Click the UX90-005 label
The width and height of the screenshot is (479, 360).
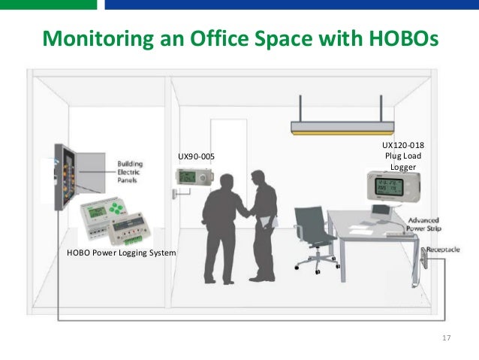point(195,156)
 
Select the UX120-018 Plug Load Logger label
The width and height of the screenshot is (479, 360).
point(397,156)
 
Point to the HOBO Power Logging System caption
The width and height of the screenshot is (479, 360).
point(121,253)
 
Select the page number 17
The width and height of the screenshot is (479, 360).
point(447,338)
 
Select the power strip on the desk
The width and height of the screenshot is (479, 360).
point(399,234)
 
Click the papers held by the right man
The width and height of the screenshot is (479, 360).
point(269,222)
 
